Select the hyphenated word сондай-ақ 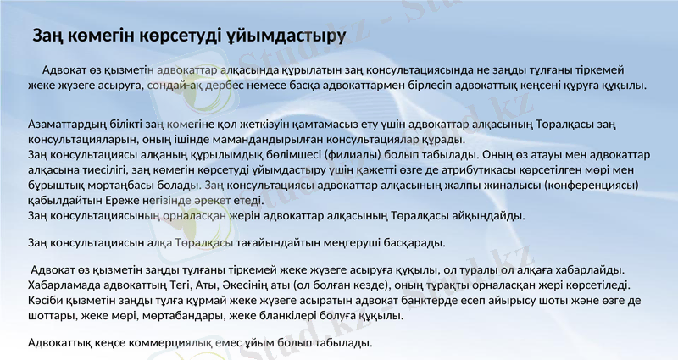point(173,86)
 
